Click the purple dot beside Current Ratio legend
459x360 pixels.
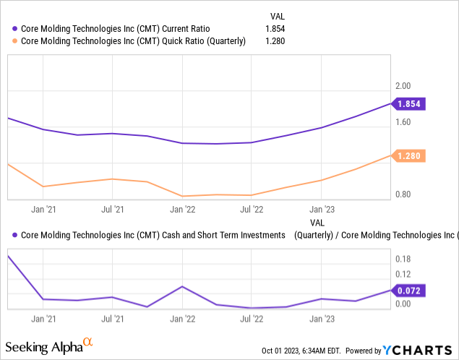15,28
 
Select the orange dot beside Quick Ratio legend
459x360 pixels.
15,41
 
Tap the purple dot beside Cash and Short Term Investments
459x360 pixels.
15,235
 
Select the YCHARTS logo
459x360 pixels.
420,351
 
